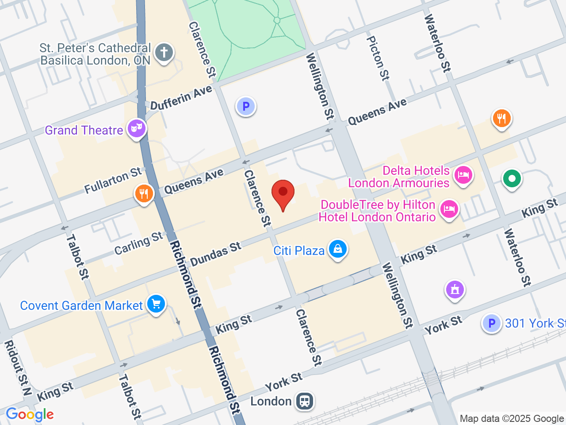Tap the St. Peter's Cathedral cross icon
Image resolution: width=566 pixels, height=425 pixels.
(x=164, y=52)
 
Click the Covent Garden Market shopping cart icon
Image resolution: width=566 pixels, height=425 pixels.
(x=156, y=304)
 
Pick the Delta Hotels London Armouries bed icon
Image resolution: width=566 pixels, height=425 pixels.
(x=463, y=174)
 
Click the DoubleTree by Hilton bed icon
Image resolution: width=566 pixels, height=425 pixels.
(x=449, y=209)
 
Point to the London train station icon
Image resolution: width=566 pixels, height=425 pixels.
(x=305, y=401)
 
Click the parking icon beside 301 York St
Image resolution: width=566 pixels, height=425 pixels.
(x=491, y=323)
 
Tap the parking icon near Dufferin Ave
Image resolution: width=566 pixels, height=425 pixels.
(x=246, y=106)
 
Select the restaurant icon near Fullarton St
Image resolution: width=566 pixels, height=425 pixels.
(x=144, y=193)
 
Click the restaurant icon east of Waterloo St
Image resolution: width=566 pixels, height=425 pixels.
(x=501, y=118)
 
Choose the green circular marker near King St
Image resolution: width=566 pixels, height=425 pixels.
(x=512, y=179)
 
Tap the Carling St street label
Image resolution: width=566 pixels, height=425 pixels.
(x=139, y=243)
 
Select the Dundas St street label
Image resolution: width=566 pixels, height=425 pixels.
(x=216, y=254)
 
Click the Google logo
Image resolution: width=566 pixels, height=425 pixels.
(x=30, y=415)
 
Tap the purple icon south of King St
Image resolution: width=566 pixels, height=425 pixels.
(x=455, y=290)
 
